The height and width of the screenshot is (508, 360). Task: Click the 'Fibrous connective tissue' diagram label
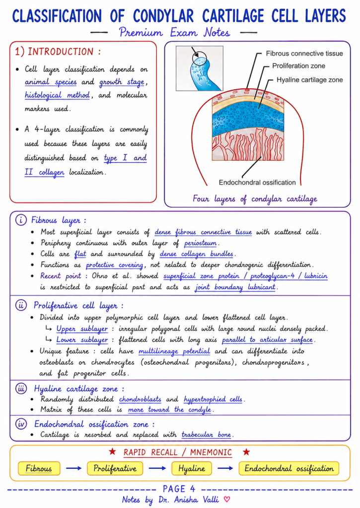304,54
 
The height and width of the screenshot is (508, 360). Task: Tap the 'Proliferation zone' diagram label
298,66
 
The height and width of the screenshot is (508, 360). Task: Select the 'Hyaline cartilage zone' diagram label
309,80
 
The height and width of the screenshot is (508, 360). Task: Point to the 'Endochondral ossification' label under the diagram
257,183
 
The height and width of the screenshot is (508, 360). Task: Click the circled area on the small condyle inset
199,59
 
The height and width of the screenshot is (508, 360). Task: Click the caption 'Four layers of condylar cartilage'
255,198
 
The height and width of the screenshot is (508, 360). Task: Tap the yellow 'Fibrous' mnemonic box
39,468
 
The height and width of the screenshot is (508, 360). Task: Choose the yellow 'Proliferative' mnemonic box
115,468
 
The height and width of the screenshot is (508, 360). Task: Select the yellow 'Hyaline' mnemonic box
192,468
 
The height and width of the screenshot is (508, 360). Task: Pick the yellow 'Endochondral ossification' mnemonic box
288,468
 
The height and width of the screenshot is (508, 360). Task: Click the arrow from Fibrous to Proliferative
73,468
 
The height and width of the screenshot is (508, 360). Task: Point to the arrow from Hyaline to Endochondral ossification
225,468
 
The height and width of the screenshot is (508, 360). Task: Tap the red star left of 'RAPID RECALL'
113,451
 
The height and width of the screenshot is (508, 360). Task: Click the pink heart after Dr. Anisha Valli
227,499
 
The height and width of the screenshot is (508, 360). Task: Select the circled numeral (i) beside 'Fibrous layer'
21,220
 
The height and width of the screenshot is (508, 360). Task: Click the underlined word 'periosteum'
201,243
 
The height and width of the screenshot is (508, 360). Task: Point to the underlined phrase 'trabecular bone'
206,435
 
